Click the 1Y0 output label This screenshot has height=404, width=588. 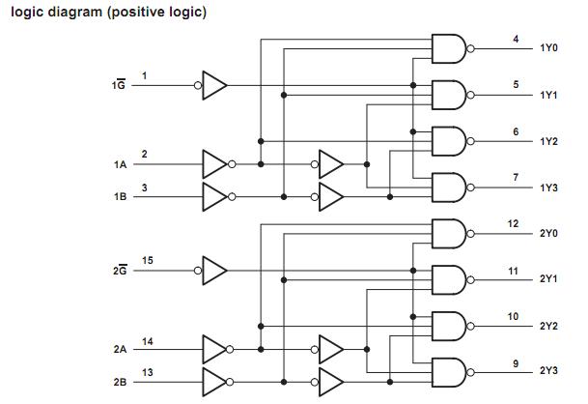549,48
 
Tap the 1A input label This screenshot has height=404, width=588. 121,164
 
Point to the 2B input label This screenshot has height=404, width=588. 121,382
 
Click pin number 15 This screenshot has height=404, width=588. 147,260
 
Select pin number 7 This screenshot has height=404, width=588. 516,177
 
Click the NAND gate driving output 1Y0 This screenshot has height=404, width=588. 448,48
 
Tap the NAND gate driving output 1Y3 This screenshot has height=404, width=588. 448,187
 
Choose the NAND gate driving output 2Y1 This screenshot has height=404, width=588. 448,280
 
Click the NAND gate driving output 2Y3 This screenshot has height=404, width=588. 448,372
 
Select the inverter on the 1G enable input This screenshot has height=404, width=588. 214,85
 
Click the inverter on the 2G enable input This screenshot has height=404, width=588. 214,270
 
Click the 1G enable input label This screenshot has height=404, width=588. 118,86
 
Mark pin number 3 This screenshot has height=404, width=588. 145,187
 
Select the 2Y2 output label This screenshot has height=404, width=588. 549,326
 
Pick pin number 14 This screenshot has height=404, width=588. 147,340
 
